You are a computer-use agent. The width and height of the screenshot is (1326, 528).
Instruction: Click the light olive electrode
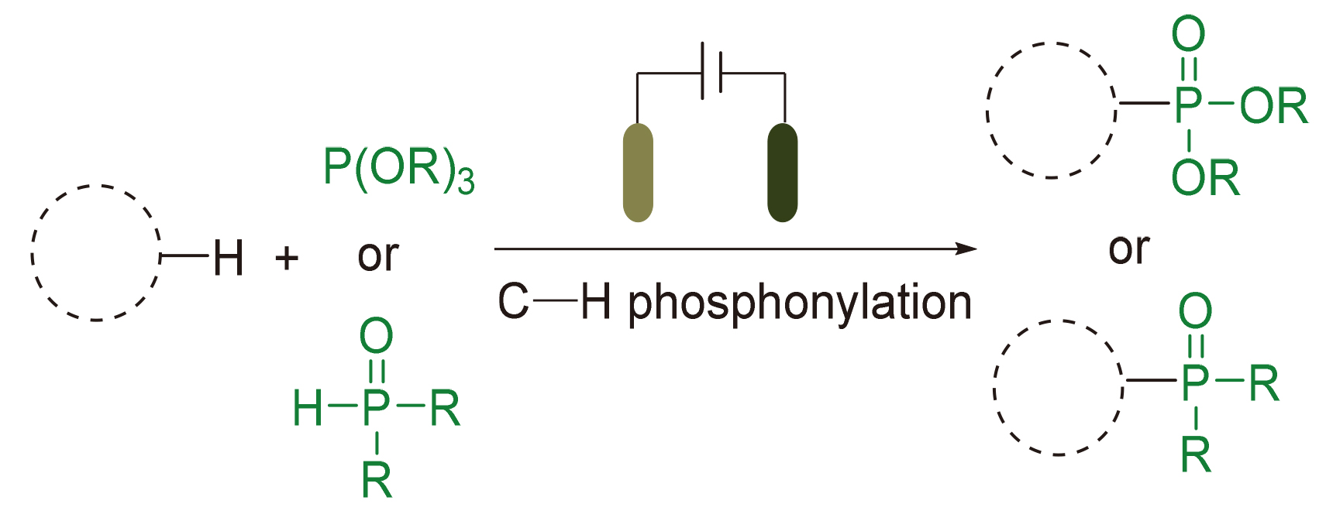pos(638,173)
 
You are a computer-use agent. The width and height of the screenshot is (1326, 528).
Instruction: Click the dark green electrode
pos(782,173)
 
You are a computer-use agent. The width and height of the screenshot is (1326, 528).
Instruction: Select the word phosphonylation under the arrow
pos(799,303)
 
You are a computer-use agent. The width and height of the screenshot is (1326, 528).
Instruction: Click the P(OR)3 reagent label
pos(398,168)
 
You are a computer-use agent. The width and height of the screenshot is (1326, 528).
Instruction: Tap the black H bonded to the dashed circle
pos(229,258)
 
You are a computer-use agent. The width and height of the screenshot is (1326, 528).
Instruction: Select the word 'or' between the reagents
pos(377,256)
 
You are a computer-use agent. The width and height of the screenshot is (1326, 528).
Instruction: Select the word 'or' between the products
pos(1128,249)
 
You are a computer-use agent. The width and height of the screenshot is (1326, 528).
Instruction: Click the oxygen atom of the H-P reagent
pos(377,337)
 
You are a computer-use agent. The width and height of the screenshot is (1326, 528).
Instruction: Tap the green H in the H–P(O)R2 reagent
pos(308,408)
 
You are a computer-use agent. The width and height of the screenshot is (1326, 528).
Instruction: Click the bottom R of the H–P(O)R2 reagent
pos(377,481)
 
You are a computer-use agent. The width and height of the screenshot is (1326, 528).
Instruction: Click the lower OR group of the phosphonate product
pos(1205,178)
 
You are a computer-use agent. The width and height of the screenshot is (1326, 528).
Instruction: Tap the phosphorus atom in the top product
pos(1188,105)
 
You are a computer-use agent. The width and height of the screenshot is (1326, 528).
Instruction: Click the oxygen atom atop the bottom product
pos(1194,311)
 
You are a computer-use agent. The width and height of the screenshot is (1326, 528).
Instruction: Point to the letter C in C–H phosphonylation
pos(513,302)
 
